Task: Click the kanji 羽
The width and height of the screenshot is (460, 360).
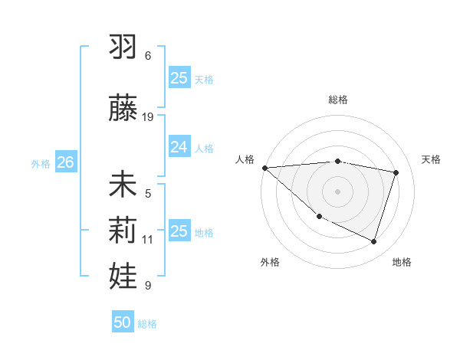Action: pyautogui.click(x=123, y=47)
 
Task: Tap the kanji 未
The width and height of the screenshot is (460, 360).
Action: pyautogui.click(x=123, y=185)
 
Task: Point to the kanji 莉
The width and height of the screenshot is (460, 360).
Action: pyautogui.click(x=123, y=230)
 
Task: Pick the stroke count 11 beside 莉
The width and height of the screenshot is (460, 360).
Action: pyautogui.click(x=148, y=240)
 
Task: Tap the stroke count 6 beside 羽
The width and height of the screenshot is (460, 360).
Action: pyautogui.click(x=148, y=56)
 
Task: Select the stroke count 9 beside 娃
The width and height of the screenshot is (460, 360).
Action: pyautogui.click(x=148, y=286)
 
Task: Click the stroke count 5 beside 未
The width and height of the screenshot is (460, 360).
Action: pyautogui.click(x=148, y=194)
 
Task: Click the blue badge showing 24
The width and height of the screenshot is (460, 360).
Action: pyautogui.click(x=179, y=147)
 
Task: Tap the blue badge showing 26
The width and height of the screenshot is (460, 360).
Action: pyautogui.click(x=65, y=162)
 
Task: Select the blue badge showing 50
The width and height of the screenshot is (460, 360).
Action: pyautogui.click(x=123, y=322)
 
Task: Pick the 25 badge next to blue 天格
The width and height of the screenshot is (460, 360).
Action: pyautogui.click(x=179, y=78)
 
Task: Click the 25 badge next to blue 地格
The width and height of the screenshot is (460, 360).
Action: pyautogui.click(x=179, y=231)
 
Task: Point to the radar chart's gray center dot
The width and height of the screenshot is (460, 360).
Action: pyautogui.click(x=337, y=191)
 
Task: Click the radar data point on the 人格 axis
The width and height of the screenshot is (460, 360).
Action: pyautogui.click(x=264, y=168)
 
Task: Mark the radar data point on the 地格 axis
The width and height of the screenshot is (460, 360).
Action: pyautogui.click(x=374, y=242)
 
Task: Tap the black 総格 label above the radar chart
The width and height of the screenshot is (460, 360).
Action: pyautogui.click(x=337, y=100)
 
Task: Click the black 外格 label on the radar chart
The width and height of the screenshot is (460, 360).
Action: pyautogui.click(x=270, y=262)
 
